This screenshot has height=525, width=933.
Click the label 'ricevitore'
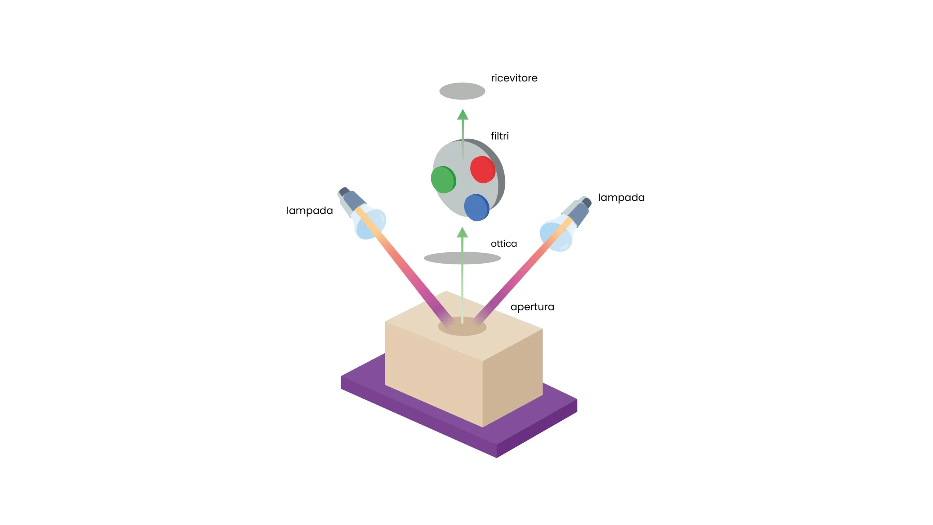coord(514,78)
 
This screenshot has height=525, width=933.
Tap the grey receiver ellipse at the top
coord(462,91)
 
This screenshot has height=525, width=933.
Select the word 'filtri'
coord(500,136)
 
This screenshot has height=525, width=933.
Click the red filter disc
coord(482,170)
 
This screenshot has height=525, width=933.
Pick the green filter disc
coord(443,179)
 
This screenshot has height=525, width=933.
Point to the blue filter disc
coord(476,207)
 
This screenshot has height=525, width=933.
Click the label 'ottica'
coord(504,244)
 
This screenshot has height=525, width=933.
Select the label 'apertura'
coord(532,307)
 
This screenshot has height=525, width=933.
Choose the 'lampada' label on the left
coord(309,211)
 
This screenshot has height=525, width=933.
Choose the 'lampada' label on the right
coord(621,198)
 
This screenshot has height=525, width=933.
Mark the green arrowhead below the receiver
coord(462,115)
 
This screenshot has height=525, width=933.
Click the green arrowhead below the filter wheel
coord(462,233)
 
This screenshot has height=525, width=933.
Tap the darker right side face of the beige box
coord(512,379)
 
